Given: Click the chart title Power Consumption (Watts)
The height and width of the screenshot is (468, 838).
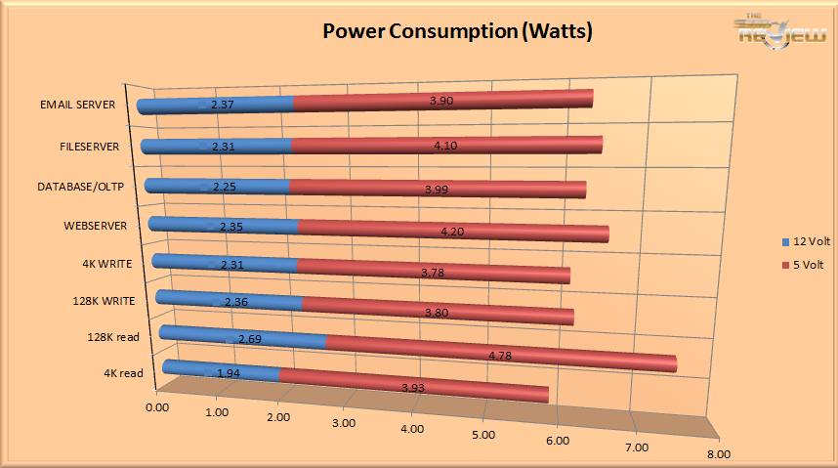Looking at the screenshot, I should tap(458, 32).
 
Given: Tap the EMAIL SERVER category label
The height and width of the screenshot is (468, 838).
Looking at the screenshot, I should tap(85, 105).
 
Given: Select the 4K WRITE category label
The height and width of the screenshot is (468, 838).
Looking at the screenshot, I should tap(108, 263).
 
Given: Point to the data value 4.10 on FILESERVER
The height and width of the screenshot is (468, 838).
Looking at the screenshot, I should tap(444, 146).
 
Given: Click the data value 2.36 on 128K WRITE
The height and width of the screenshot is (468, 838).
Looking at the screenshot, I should tap(235, 302).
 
